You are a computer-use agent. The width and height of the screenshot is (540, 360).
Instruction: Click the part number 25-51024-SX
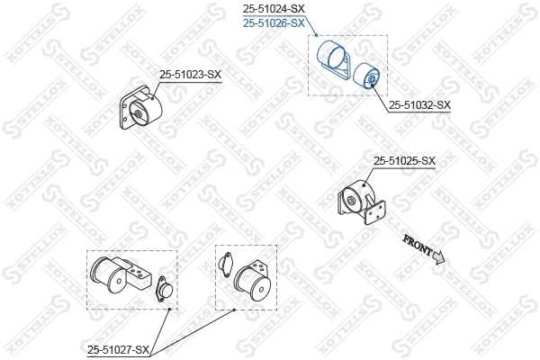[274, 8]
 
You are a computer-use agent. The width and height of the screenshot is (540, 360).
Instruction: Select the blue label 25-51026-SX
[274, 23]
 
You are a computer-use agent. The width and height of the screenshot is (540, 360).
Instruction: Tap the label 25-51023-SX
[190, 75]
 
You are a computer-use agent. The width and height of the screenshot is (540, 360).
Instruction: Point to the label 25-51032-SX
[419, 105]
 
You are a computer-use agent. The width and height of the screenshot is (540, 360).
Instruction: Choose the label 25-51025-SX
[404, 160]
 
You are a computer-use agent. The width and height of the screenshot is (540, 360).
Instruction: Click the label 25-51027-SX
[118, 350]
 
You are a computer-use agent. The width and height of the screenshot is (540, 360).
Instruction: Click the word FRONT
[418, 245]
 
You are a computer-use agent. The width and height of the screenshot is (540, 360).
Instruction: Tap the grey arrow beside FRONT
[439, 257]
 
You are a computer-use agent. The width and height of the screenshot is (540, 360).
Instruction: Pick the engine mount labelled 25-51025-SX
[361, 202]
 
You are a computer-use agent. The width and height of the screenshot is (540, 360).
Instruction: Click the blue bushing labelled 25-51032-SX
[367, 76]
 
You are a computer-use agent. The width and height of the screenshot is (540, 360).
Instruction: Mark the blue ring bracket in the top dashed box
[333, 59]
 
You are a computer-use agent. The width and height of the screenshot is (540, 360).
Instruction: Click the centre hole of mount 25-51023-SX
[138, 114]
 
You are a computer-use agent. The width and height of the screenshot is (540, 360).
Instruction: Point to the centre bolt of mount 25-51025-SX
[351, 201]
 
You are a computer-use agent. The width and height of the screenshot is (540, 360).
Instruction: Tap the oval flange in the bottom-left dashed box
[164, 289]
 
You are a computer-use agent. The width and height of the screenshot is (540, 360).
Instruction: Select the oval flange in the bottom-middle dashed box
[226, 265]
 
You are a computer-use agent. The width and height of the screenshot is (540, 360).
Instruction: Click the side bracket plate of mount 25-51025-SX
[374, 211]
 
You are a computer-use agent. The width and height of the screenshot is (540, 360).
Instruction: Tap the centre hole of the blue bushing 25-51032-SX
[372, 79]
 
